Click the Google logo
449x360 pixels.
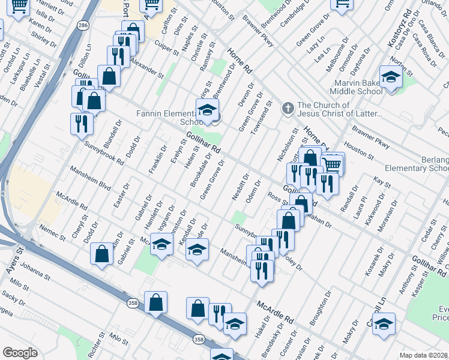tap(20, 353)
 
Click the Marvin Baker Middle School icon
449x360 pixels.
tap(391, 78)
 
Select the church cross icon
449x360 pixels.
tap(288, 109)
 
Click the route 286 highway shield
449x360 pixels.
tap(82, 25)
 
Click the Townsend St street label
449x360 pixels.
tap(262, 115)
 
